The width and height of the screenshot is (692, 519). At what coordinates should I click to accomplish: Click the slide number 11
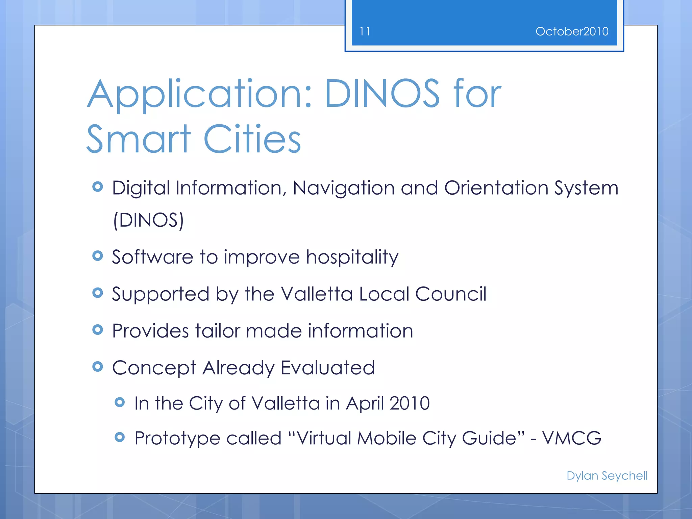click(365, 31)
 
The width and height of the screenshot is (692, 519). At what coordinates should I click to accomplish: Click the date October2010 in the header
click(572, 31)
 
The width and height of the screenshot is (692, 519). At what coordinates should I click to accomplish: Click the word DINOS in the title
click(382, 94)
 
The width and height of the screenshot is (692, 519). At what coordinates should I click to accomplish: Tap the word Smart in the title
click(139, 139)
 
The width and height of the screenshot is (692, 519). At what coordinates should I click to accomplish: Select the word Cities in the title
click(252, 139)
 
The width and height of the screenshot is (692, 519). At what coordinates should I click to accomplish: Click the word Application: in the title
click(199, 95)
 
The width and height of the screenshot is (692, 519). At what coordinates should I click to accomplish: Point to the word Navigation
click(343, 189)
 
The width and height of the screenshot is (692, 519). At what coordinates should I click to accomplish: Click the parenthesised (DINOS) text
click(148, 220)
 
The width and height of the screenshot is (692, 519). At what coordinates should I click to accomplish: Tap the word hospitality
click(352, 257)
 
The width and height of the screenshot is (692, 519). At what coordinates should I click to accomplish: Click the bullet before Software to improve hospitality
click(98, 256)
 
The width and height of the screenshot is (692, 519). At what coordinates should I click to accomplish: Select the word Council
click(451, 294)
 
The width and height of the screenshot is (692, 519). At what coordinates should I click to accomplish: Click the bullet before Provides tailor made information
click(98, 330)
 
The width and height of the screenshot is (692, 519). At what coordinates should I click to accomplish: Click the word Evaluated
click(328, 368)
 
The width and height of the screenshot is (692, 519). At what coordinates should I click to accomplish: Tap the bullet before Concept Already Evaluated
click(98, 367)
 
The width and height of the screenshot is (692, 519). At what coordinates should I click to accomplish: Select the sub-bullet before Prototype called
click(120, 437)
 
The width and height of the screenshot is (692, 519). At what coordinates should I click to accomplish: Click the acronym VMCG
click(572, 438)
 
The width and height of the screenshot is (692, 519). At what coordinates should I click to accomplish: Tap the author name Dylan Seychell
click(607, 476)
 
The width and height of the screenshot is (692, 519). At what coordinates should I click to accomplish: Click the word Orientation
click(496, 188)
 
